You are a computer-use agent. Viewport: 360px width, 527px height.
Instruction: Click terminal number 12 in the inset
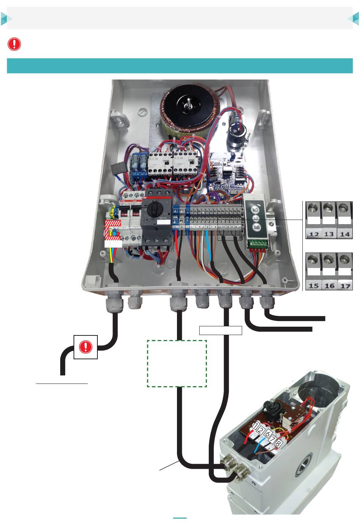[x=314, y=234]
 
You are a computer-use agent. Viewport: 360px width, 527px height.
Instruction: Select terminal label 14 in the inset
[x=344, y=234]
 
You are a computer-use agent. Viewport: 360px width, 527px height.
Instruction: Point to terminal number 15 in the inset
[x=314, y=285]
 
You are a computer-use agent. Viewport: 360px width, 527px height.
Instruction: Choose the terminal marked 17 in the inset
[x=344, y=285]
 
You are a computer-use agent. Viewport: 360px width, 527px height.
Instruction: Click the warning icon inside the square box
[x=86, y=347]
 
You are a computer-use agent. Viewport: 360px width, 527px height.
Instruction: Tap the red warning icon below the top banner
[x=14, y=44]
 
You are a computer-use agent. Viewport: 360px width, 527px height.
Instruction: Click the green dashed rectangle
[x=177, y=363]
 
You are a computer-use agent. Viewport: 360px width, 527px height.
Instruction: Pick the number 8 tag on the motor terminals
[x=279, y=443]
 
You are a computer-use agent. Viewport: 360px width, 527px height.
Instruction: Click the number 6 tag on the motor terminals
[x=267, y=434]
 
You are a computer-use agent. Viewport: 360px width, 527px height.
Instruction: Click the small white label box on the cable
[x=221, y=330]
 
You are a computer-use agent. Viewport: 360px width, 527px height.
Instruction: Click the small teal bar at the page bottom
[x=180, y=518]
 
